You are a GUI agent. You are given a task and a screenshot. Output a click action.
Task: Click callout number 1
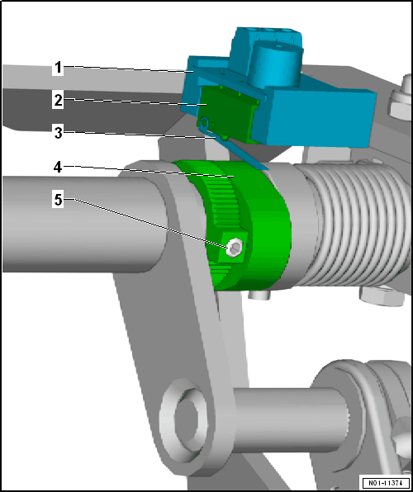coord(58,68)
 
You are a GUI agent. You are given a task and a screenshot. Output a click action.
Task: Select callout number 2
coord(58,101)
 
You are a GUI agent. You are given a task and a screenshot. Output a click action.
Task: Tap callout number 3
coord(59,133)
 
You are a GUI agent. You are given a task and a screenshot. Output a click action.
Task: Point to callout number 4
coord(58,168)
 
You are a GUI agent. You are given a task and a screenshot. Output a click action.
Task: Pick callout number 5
coord(59,200)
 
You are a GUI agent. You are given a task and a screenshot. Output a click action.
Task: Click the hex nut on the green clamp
coord(235,248)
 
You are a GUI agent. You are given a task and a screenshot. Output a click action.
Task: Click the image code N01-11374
coord(386,482)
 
